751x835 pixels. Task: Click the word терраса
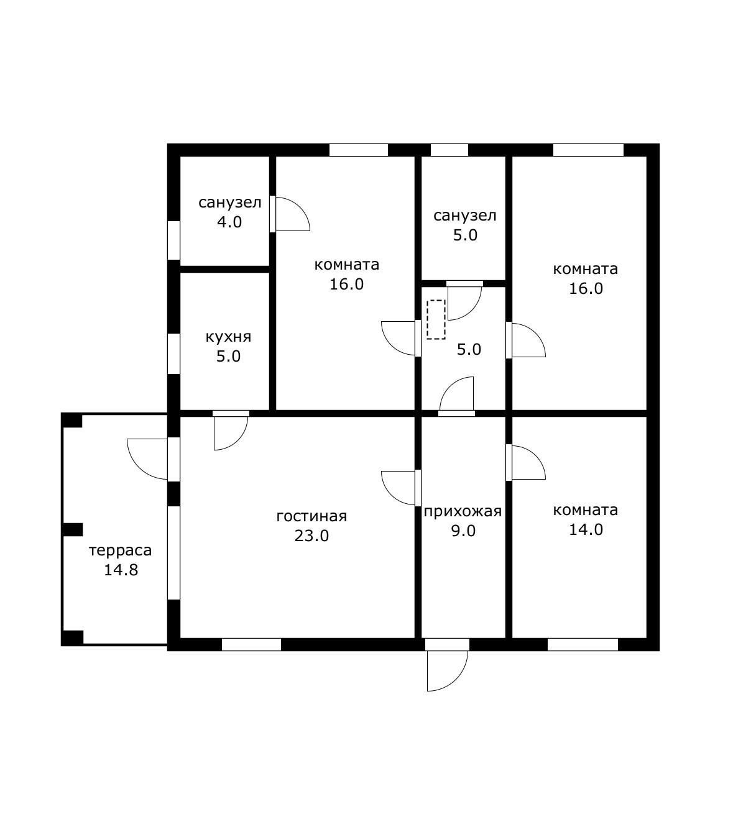[121, 551]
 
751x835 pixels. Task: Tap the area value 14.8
[121, 570]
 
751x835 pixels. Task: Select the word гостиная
[311, 516]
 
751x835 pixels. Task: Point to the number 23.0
[311, 536]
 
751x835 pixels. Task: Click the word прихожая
[463, 511]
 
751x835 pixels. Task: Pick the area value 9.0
[463, 531]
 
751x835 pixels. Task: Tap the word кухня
[228, 337]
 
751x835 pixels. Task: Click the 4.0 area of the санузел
[229, 222]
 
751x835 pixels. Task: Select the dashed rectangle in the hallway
[436, 320]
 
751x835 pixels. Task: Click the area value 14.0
[586, 529]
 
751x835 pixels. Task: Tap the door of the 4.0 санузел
[290, 214]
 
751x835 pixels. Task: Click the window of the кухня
[173, 354]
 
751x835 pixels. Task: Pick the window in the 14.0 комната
[583, 644]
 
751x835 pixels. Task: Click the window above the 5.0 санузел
[449, 150]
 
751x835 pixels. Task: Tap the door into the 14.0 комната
[525, 462]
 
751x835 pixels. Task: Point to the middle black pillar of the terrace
[72, 530]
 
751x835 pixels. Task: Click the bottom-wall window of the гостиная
[251, 644]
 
